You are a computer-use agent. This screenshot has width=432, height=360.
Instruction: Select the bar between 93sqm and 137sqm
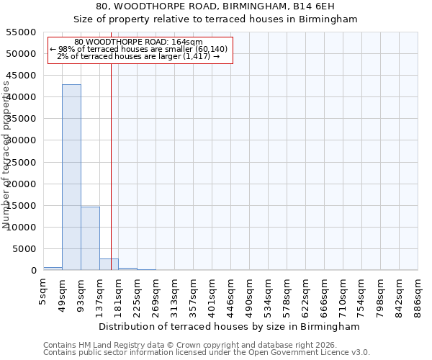(x=90, y=238)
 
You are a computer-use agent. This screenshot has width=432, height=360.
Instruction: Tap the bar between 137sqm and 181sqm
(x=109, y=264)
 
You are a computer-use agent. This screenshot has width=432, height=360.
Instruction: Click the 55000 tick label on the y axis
(x=21, y=32)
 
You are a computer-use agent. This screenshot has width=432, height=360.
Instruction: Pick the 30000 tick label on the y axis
(x=21, y=140)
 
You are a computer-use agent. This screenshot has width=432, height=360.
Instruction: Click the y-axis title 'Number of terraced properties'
(x=6, y=155)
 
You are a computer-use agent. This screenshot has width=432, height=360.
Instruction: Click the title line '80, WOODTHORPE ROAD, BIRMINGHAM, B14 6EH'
(x=216, y=6)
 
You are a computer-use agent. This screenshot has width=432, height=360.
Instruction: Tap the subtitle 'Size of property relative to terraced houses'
(x=216, y=19)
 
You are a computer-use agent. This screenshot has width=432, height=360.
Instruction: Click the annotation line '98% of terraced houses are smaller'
(x=139, y=49)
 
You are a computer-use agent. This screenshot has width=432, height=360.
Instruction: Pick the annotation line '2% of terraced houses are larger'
(x=139, y=56)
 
